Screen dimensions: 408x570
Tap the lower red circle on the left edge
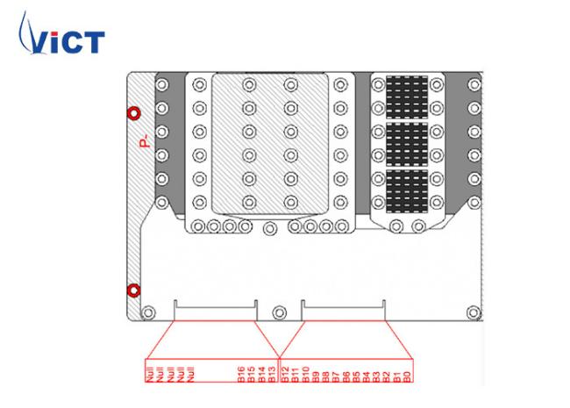[x=133, y=290]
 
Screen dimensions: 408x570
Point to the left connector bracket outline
[x=216, y=310]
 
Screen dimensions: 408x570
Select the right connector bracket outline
[x=344, y=310]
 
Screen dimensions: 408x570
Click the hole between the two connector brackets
[x=280, y=311]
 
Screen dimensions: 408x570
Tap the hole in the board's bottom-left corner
[x=148, y=311]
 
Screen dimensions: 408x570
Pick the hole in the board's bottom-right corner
[x=474, y=311]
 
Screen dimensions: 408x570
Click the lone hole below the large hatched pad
[x=270, y=229]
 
